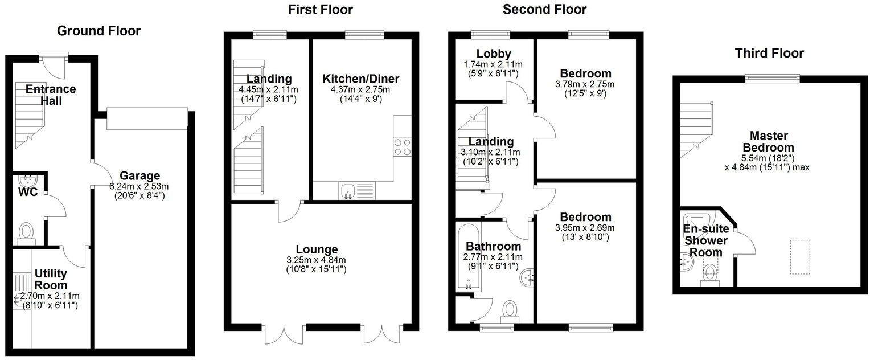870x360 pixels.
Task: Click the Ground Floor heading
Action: tap(99, 31)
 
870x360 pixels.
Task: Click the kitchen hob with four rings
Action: tap(403, 147)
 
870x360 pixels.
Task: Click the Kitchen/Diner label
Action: tap(360, 79)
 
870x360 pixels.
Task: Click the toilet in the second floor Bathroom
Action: tap(510, 311)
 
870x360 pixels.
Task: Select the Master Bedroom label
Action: tap(769, 141)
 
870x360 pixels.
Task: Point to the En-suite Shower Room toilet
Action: tap(709, 273)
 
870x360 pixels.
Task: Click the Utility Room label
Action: tap(50, 279)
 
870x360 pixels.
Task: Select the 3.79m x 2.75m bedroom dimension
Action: tap(585, 84)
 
